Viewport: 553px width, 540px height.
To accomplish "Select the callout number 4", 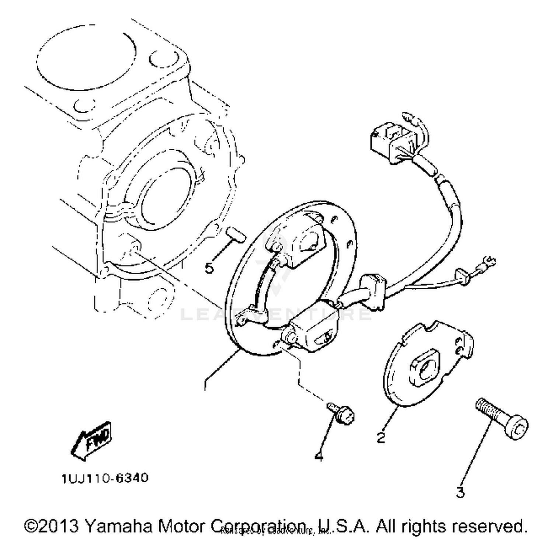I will (319, 456).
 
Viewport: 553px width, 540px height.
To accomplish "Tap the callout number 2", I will (381, 437).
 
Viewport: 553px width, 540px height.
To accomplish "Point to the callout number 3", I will (460, 492).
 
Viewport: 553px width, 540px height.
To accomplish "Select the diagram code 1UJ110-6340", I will (105, 478).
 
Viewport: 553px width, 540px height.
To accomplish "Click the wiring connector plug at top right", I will (391, 142).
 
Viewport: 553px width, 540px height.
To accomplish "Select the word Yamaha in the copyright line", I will (120, 526).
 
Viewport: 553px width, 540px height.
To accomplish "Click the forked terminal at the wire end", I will (487, 263).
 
